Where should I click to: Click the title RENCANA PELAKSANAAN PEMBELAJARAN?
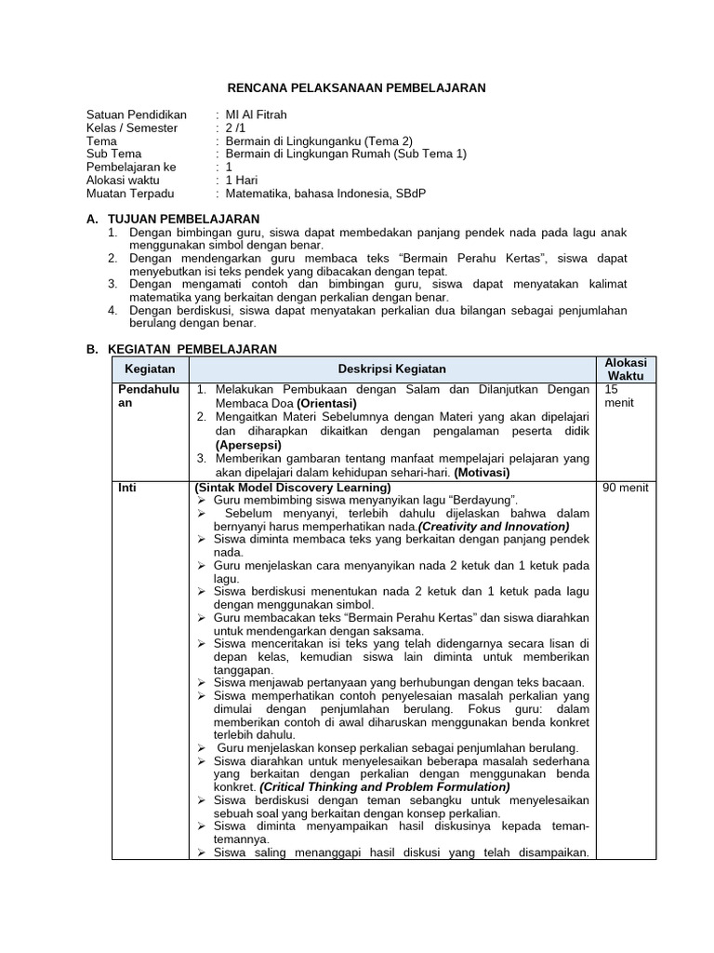pyautogui.click(x=357, y=88)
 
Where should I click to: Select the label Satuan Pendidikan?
pyautogui.click(x=136, y=114)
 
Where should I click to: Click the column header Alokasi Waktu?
pyautogui.click(x=626, y=369)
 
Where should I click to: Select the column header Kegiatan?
pyautogui.click(x=150, y=369)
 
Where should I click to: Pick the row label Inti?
pyautogui.click(x=126, y=487)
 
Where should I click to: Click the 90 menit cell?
pyautogui.click(x=626, y=487)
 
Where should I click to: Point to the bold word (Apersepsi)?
pyautogui.click(x=251, y=445)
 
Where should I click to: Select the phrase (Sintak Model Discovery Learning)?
pyautogui.click(x=292, y=487)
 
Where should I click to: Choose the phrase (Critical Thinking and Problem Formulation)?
pyautogui.click(x=385, y=786)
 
